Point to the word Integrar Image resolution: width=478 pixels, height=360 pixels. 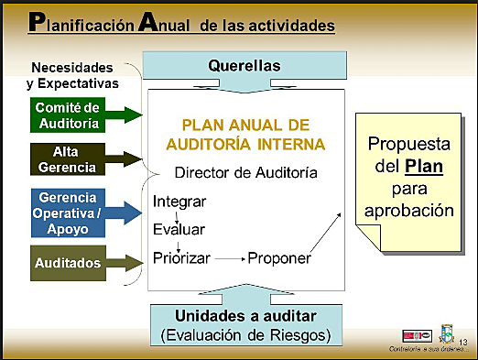point(179,201)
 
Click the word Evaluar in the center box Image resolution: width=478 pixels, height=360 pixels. point(179,229)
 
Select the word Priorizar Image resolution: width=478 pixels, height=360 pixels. point(182,257)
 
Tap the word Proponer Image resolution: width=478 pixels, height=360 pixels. point(279,257)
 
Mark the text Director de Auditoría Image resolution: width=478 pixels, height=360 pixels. point(246,172)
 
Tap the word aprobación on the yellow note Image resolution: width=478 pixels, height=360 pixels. point(408,210)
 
